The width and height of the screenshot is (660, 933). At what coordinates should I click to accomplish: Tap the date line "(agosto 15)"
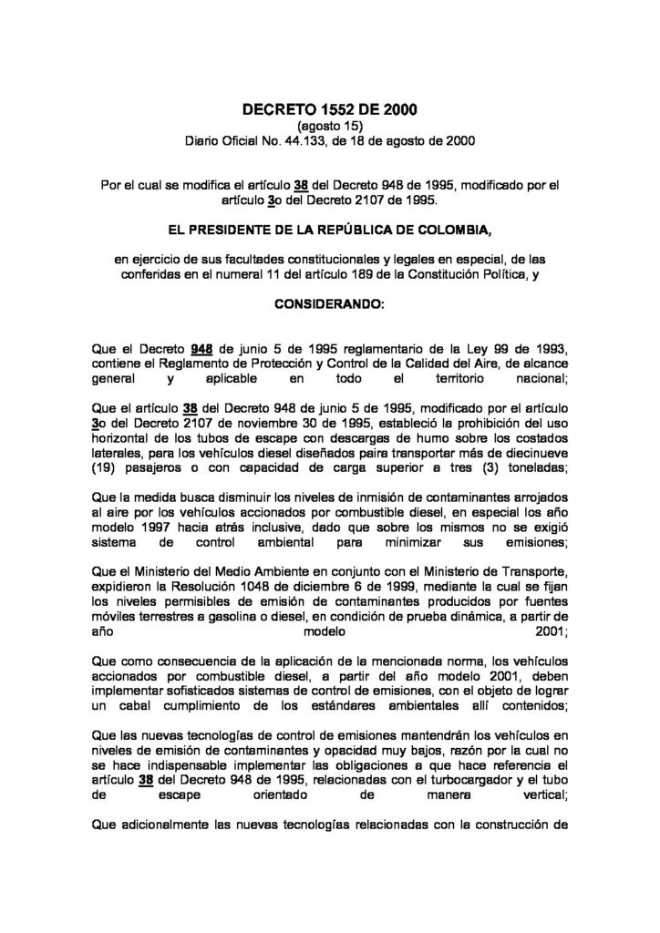tap(329, 126)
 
